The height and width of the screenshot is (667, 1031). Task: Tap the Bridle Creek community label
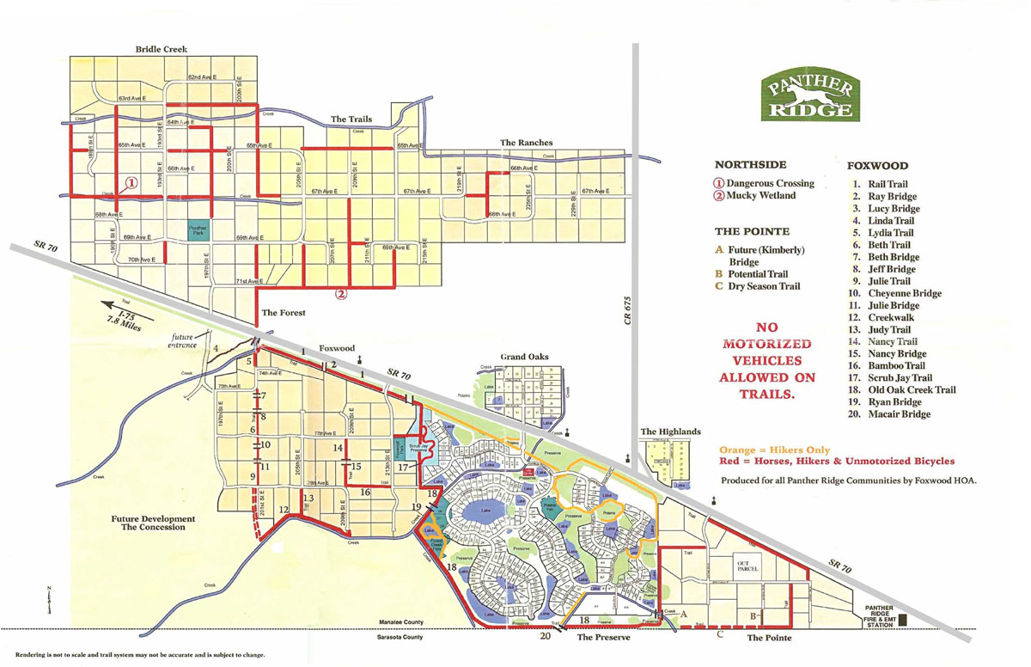162,50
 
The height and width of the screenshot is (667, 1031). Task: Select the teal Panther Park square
198,230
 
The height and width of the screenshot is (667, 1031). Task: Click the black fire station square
902,616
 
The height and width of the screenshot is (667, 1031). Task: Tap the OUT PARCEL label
744,567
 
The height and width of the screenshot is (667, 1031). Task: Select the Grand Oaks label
524,356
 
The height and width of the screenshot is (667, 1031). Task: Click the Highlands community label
670,431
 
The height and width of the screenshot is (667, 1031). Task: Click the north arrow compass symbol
50,599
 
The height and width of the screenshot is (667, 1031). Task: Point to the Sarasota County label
400,637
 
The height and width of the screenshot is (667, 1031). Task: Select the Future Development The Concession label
153,523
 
